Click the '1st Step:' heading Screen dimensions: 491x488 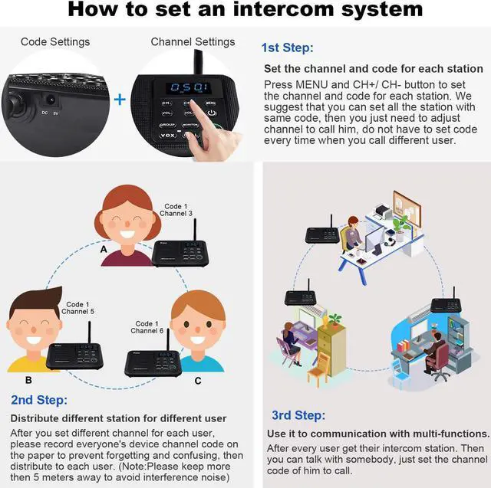(x=287, y=47)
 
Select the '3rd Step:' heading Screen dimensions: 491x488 (x=298, y=415)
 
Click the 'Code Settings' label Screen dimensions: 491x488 (x=55, y=41)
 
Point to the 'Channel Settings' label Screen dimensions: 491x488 (x=193, y=41)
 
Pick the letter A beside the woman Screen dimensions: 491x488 (x=104, y=249)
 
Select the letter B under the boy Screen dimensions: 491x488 (x=28, y=379)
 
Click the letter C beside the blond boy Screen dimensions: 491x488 (x=197, y=380)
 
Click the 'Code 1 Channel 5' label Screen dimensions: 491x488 (x=78, y=308)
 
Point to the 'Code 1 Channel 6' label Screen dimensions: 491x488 (x=147, y=327)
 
